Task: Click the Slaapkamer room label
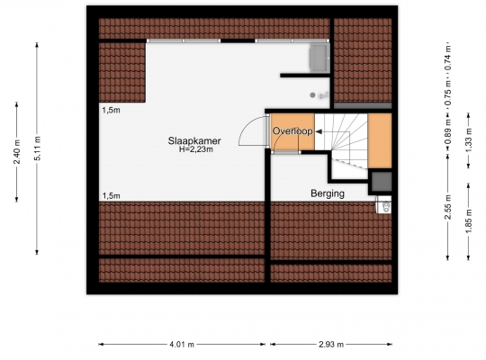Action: (194, 140)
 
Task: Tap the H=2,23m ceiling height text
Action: (196, 149)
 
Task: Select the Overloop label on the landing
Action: (292, 131)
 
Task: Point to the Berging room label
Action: (328, 193)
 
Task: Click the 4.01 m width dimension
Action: (182, 344)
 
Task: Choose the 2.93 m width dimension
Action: (331, 344)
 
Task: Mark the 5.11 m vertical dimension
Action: (37, 148)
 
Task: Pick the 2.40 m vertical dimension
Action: (17, 152)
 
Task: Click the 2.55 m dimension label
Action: (448, 207)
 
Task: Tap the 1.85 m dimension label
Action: (468, 221)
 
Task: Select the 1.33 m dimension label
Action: (468, 140)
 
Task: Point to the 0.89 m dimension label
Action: (448, 132)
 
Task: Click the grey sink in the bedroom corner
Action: (319, 58)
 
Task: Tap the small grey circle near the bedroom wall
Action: (312, 95)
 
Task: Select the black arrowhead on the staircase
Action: (319, 131)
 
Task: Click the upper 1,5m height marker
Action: (112, 110)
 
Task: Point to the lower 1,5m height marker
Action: (112, 196)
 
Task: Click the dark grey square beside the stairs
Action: (382, 182)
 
